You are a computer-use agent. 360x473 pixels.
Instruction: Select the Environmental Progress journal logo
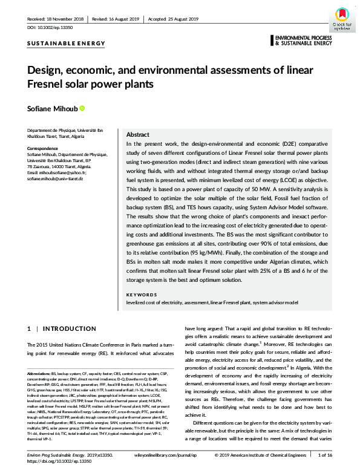pos(302,41)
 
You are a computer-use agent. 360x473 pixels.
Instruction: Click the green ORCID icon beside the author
pos(82,108)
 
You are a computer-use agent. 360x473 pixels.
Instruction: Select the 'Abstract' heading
pos(137,135)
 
